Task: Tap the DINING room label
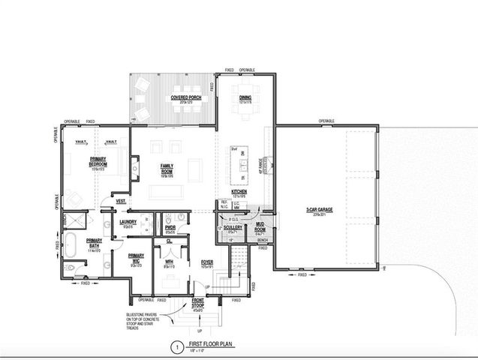245,98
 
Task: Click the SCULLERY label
233,228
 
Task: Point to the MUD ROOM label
260,228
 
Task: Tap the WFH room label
169,262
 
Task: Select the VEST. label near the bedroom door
119,200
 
